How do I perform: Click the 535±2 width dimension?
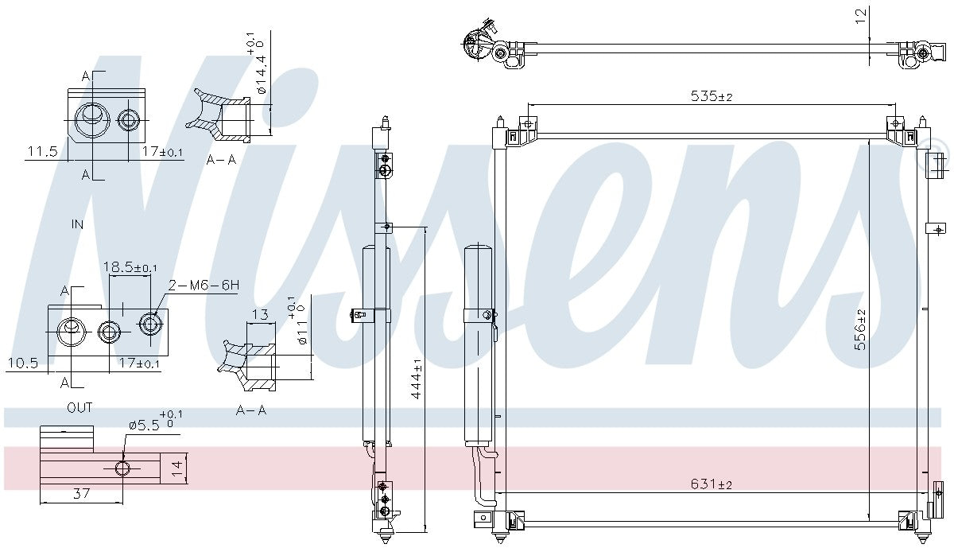pyautogui.click(x=711, y=96)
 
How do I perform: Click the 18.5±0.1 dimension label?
pyautogui.click(x=130, y=267)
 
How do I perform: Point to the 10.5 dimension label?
pyautogui.click(x=23, y=363)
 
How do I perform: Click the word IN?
pyautogui.click(x=77, y=225)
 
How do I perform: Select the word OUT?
pyautogui.click(x=79, y=408)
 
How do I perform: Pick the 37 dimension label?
pyautogui.click(x=81, y=493)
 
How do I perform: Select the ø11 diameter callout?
pyautogui.click(x=301, y=331)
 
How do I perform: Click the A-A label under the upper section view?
pyautogui.click(x=221, y=160)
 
